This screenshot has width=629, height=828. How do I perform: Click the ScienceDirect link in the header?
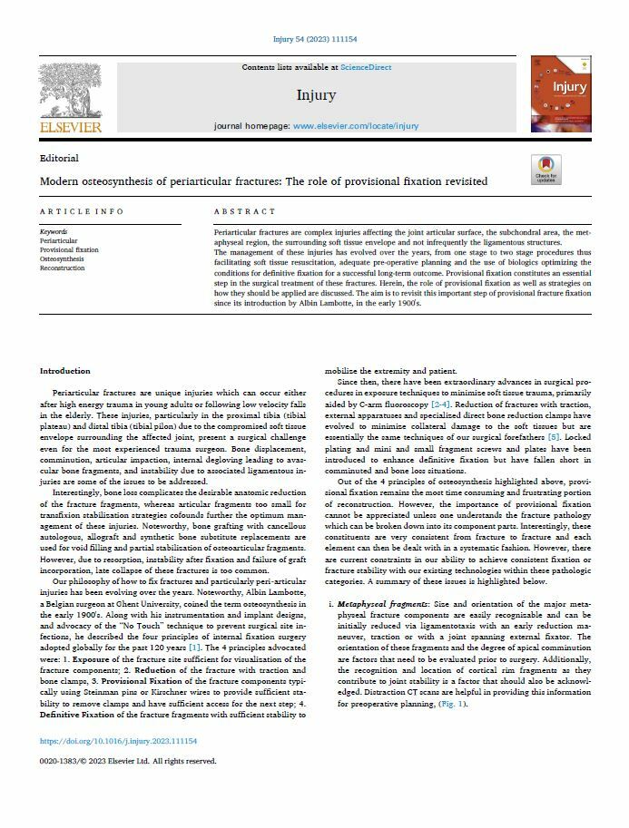tap(366, 68)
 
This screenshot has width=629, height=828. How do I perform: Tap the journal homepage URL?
tap(356, 126)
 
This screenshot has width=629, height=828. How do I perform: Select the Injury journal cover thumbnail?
tap(560, 94)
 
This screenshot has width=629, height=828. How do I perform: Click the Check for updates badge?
tap(571, 170)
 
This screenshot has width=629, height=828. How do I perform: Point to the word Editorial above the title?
tap(59, 158)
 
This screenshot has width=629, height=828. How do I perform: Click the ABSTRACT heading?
tap(244, 211)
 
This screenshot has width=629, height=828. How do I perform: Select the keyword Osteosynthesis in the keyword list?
tap(62, 259)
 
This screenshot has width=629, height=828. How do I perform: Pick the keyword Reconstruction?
tap(63, 268)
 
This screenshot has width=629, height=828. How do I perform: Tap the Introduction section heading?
tap(65, 371)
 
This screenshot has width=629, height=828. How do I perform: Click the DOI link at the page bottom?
tap(118, 741)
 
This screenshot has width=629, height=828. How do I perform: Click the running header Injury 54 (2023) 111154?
tap(314, 40)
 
